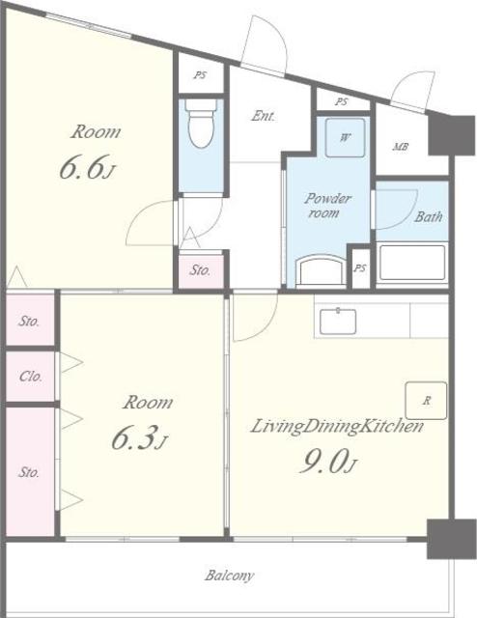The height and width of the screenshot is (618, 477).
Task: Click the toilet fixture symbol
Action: tap(202, 124)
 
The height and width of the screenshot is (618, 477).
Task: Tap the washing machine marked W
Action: tap(345, 137)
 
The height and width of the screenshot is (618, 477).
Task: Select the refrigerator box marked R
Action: tap(426, 401)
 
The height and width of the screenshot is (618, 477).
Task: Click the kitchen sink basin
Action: tap(338, 322)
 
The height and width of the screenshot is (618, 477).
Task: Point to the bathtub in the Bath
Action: tap(412, 263)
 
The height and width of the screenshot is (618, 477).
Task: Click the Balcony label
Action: tap(229, 576)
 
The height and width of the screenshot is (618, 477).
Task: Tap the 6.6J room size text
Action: tap(88, 167)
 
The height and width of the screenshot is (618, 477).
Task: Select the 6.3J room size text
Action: tap(139, 437)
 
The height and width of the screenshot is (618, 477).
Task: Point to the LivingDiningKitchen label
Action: tap(337, 427)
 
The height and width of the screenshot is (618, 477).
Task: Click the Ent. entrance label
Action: tap(263, 116)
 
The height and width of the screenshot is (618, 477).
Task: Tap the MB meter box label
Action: tap(400, 147)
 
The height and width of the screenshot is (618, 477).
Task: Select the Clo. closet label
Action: tap(30, 377)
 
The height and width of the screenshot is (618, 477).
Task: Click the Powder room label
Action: tap(327, 206)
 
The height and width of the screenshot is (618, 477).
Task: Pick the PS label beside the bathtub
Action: tap(360, 268)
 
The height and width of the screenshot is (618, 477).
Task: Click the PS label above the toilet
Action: tap(200, 75)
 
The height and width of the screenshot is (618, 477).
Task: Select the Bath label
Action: tap(429, 216)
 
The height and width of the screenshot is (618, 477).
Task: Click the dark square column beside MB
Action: tap(451, 135)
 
